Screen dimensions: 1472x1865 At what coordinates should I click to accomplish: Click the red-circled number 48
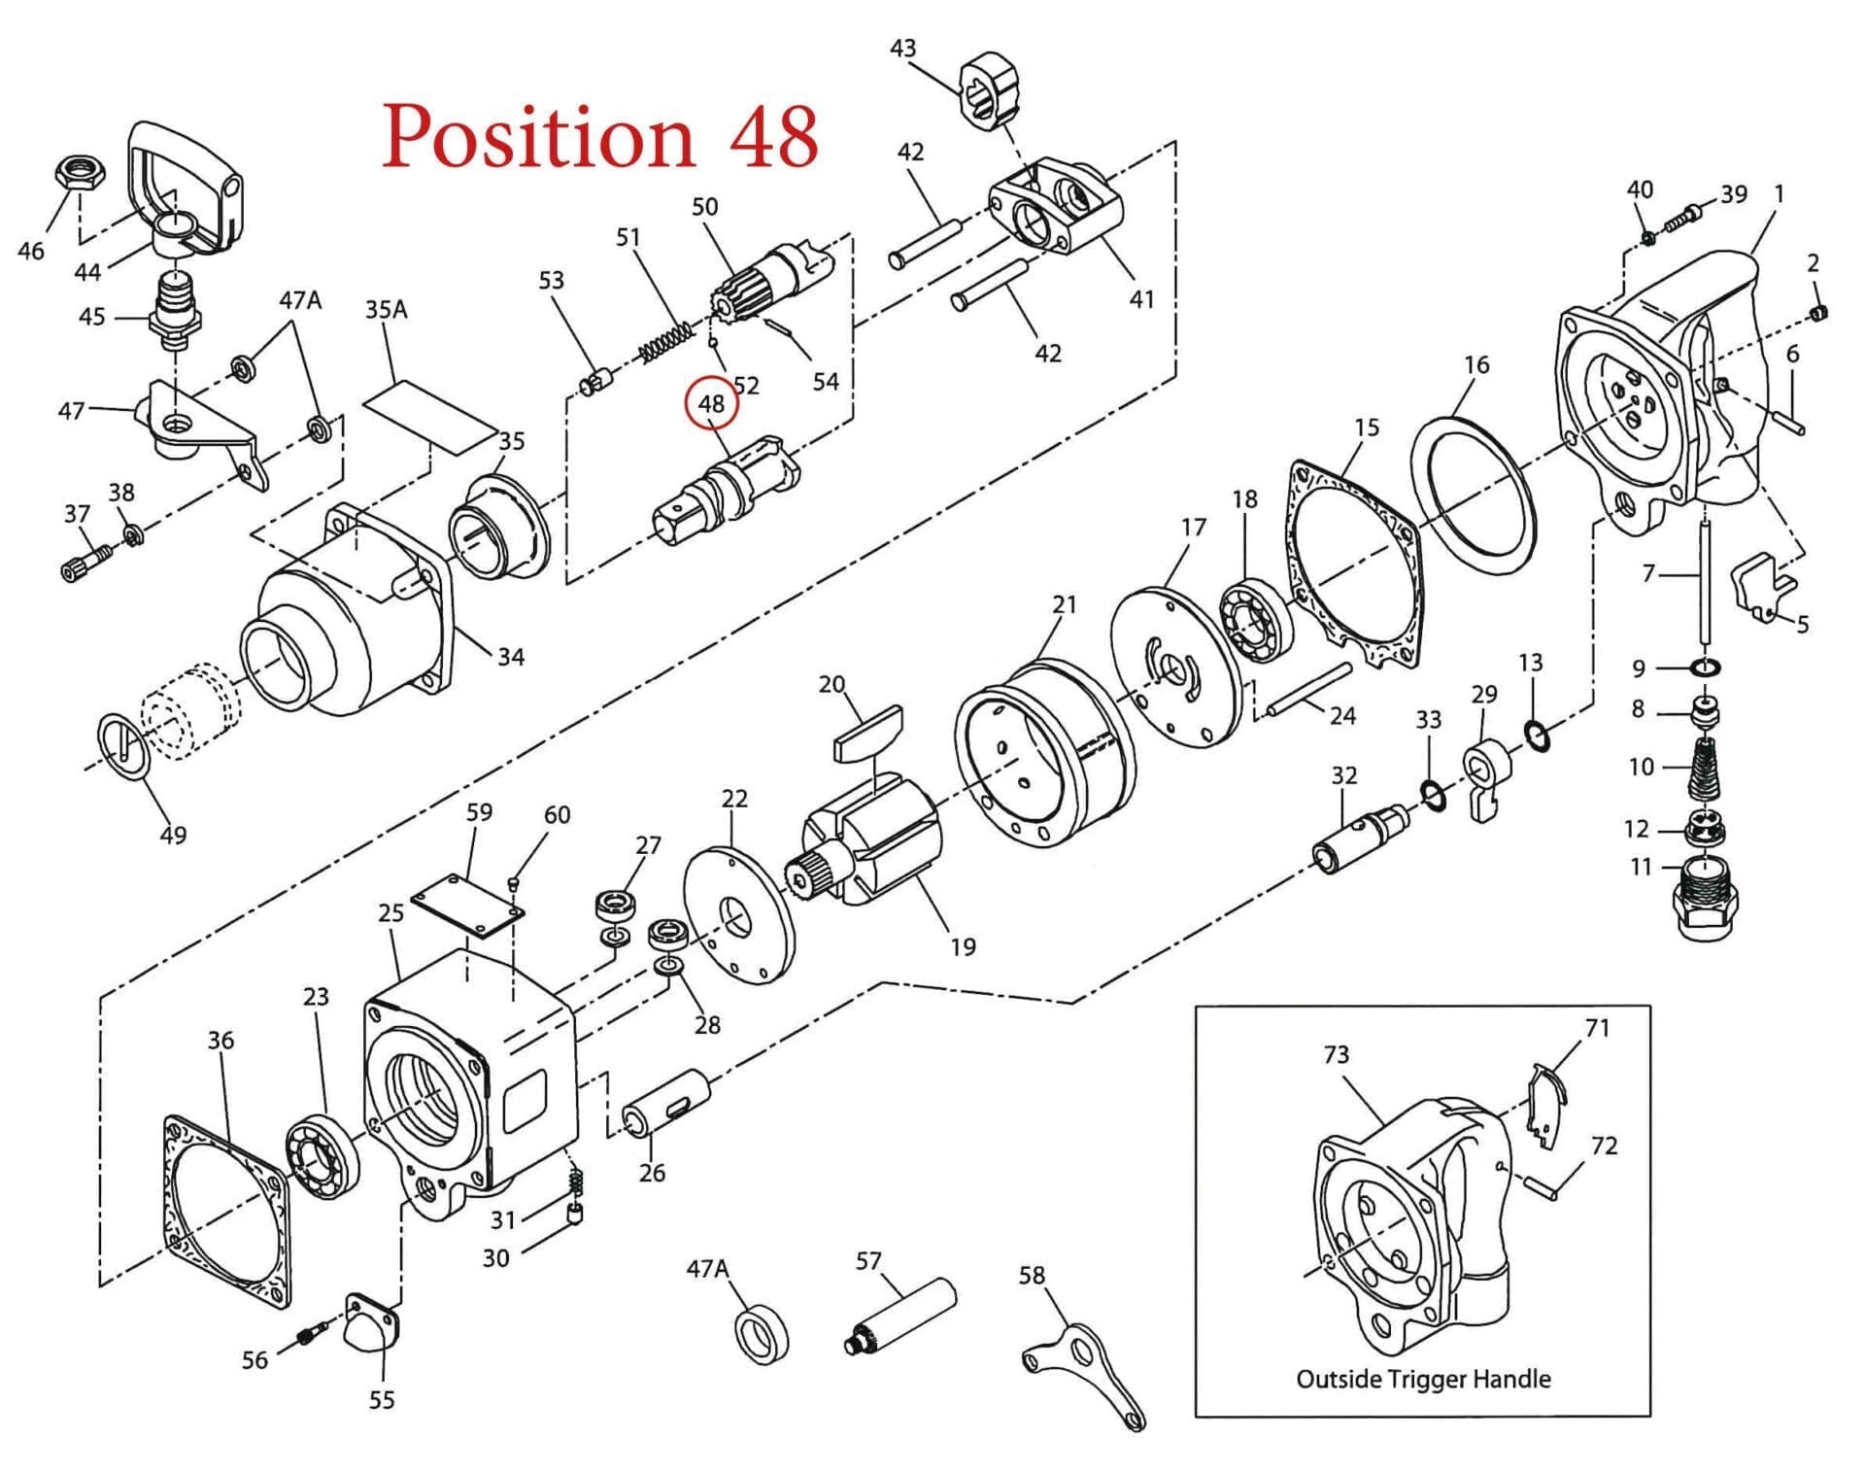coord(711,403)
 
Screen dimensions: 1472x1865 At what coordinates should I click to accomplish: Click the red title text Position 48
coord(600,136)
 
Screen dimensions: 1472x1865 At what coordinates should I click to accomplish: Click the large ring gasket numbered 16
coord(1475,496)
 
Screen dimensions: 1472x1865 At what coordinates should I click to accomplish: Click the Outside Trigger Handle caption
coord(1423,1379)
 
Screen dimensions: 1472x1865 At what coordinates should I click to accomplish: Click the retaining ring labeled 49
coord(123,745)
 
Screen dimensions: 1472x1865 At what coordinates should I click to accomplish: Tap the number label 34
coord(511,657)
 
